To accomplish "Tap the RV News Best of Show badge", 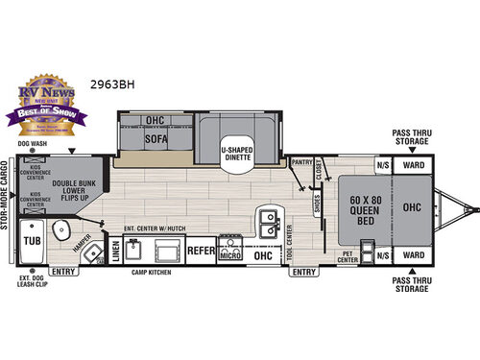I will pos(46,101).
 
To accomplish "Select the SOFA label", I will pos(155,138).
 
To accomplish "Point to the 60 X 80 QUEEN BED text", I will pos(360,209).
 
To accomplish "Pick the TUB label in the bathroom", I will pos(32,241).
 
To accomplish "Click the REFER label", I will pos(201,250).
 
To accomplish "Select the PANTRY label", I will pos(303,163).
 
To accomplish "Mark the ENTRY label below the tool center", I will pos(303,273).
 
